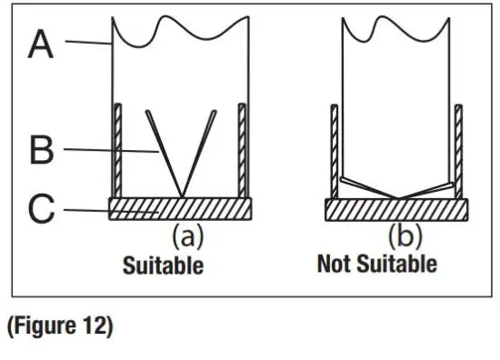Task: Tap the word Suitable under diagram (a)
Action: coord(164,266)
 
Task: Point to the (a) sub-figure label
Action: coord(187,237)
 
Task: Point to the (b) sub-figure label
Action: coord(405,237)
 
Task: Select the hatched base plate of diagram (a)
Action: coord(180,209)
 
